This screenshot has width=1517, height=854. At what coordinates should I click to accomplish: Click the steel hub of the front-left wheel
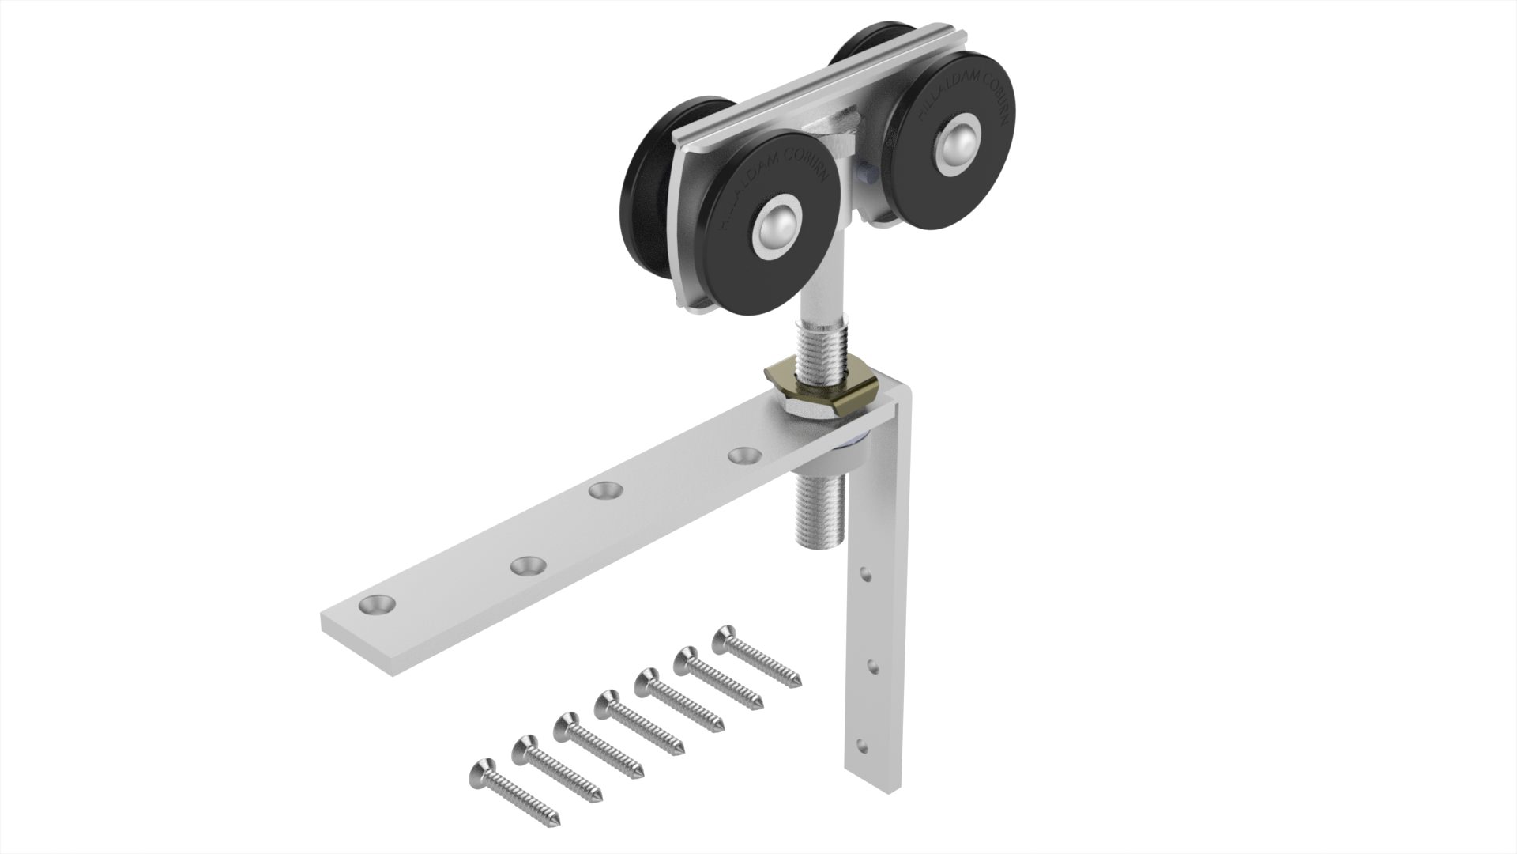777,229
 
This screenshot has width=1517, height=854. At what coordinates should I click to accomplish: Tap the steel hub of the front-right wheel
959,142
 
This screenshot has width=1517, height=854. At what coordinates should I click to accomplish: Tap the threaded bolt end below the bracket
819,514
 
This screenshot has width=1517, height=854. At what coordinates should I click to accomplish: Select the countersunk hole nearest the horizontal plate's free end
377,605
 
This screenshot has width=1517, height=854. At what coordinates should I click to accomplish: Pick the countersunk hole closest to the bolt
744,456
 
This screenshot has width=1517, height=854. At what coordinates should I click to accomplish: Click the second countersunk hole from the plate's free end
528,565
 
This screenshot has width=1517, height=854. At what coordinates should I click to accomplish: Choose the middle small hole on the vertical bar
871,665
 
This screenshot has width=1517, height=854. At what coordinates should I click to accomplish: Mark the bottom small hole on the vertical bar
860,745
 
